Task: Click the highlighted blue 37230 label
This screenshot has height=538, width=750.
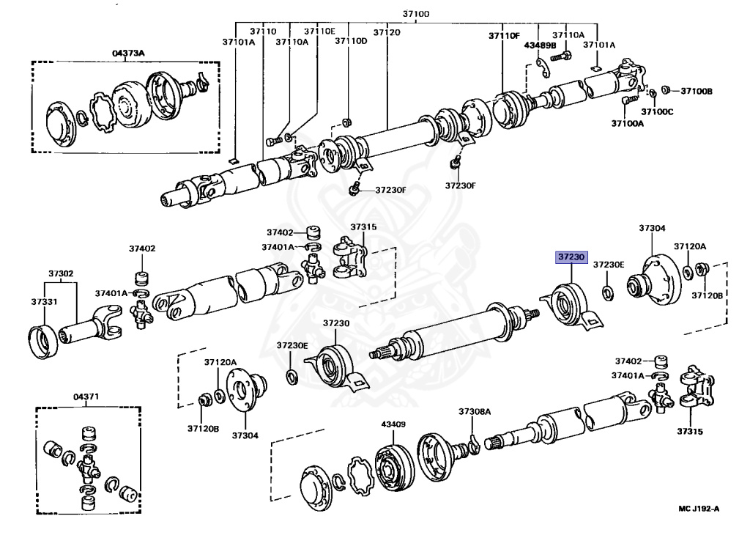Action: coord(570,257)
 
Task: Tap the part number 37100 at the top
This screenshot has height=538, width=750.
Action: coord(416,14)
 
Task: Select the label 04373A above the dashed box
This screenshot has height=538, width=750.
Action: coord(128,54)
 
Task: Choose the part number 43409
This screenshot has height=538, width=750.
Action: coord(393,424)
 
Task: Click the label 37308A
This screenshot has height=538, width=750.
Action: coord(474,412)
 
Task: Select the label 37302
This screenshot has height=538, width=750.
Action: coord(62,273)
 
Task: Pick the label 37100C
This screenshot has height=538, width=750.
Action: coord(657,111)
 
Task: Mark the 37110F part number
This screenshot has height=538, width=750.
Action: coord(504,36)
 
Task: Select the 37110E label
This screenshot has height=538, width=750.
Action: coord(319,32)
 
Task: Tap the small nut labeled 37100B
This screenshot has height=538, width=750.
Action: coord(666,90)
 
